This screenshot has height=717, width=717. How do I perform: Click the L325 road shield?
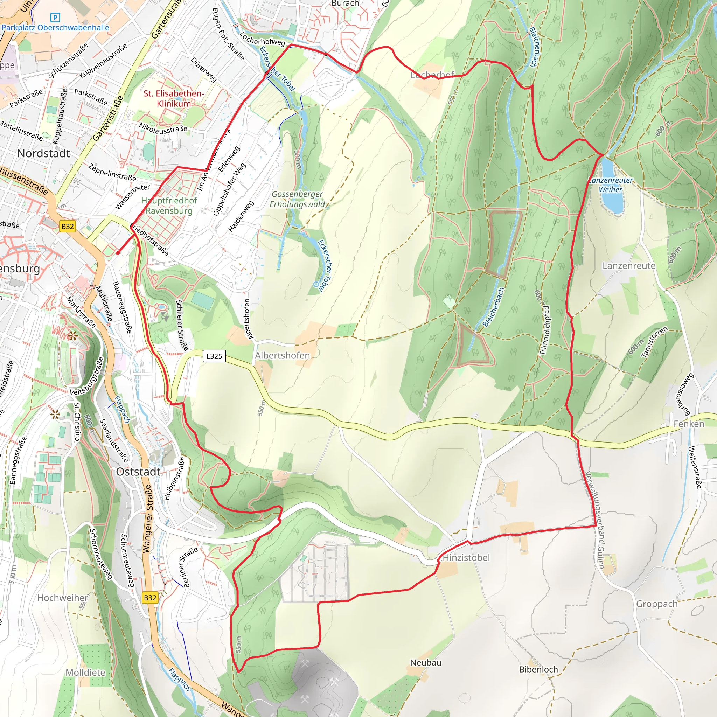coord(214,356)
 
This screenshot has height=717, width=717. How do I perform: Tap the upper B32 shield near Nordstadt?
coord(68,227)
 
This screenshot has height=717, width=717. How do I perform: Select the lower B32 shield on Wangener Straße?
coord(150,598)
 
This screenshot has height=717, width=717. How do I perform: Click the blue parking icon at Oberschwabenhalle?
coord(55,18)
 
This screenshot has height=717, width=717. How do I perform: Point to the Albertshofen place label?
coord(282,356)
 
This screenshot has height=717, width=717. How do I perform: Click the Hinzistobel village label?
coord(466,557)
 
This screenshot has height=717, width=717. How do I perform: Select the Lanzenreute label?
coord(629,266)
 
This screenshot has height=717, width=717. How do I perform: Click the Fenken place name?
coord(689,424)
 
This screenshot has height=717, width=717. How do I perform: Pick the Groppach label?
coord(656,604)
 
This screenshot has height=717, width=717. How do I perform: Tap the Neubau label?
coord(426,662)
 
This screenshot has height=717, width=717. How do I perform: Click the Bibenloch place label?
coord(538,669)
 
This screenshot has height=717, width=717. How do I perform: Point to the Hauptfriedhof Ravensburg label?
coord(169,206)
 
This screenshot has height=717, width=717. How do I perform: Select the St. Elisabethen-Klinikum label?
coord(174,98)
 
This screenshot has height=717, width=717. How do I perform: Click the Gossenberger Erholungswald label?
coord(297,199)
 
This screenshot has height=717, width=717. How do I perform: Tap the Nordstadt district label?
coord(43,153)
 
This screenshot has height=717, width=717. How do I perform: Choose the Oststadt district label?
coord(138,472)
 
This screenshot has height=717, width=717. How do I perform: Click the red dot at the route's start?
coord(118,253)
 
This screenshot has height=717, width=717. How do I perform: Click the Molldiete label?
coord(85,673)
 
